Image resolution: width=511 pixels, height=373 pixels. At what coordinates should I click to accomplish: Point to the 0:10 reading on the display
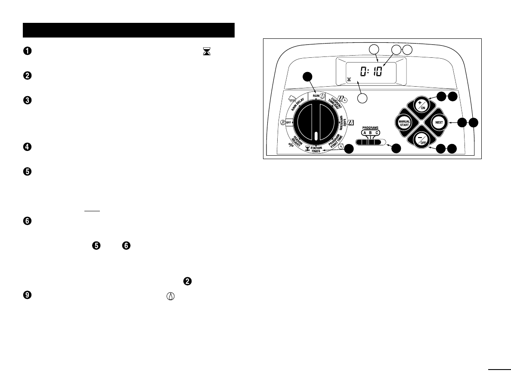(x=370, y=71)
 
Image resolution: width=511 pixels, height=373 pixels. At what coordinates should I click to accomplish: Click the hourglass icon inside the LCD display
(x=349, y=79)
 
